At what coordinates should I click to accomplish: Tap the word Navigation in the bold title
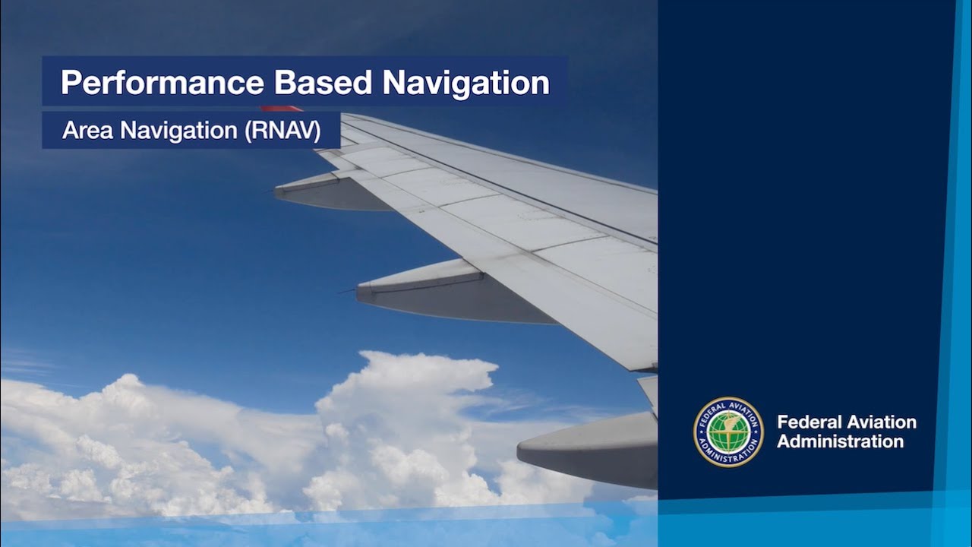coord(466,83)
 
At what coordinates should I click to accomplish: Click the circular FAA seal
coord(728,432)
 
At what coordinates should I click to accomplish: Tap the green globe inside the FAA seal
coord(728,432)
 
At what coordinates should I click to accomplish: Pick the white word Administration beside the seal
coord(840,441)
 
